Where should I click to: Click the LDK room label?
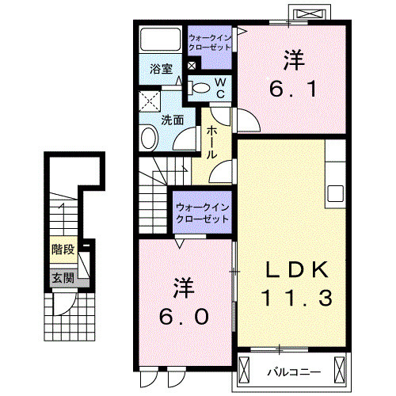(x=292, y=269)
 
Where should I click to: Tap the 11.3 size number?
(x=292, y=299)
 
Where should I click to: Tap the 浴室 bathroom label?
(x=162, y=69)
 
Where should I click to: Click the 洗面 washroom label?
(x=173, y=120)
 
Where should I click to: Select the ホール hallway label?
(x=211, y=143)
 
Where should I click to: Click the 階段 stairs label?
(x=63, y=249)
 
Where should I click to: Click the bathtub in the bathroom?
(x=162, y=40)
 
